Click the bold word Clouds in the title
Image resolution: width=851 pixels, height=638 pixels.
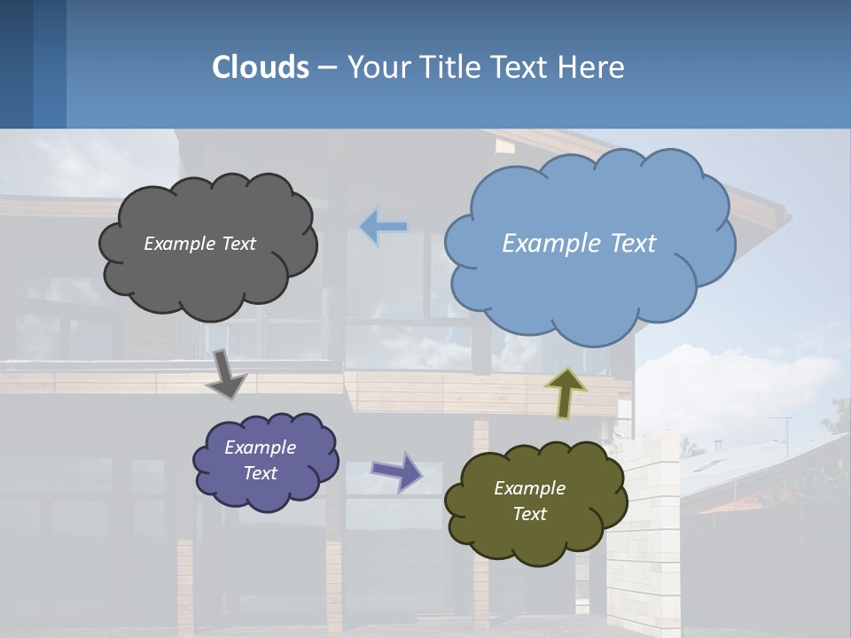[x=261, y=67]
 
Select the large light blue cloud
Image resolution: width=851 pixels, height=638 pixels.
[x=589, y=284]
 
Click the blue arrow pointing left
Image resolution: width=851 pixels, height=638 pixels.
[x=384, y=228]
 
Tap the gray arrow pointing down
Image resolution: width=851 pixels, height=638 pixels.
[x=227, y=374]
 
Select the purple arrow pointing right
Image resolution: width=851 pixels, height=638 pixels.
[x=396, y=471]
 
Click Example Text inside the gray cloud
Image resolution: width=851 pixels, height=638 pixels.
[x=199, y=244]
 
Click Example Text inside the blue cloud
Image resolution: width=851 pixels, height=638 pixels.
[x=579, y=244]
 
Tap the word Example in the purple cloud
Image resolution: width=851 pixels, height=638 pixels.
[x=260, y=447]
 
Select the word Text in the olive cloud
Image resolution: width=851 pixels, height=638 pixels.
[x=529, y=514]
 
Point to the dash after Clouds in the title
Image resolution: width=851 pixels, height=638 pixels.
[x=326, y=68]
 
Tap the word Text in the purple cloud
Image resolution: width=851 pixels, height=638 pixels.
[x=260, y=473]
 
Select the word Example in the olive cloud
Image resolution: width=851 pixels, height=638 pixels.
[x=529, y=488]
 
